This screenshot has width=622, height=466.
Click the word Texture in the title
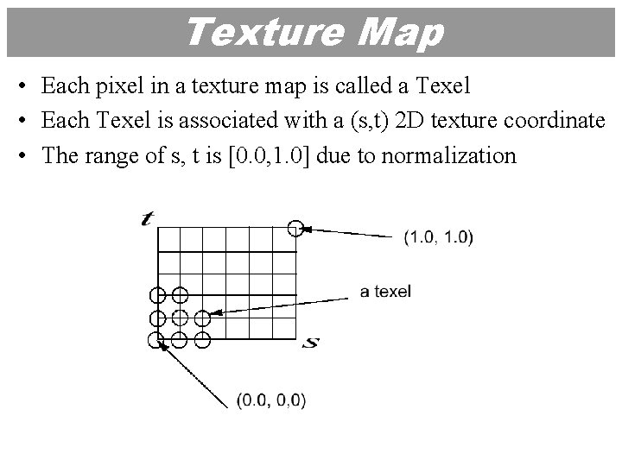[251, 33]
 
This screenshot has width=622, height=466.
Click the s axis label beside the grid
[313, 343]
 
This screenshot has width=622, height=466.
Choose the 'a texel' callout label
[385, 292]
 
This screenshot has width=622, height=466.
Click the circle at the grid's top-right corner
[295, 228]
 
